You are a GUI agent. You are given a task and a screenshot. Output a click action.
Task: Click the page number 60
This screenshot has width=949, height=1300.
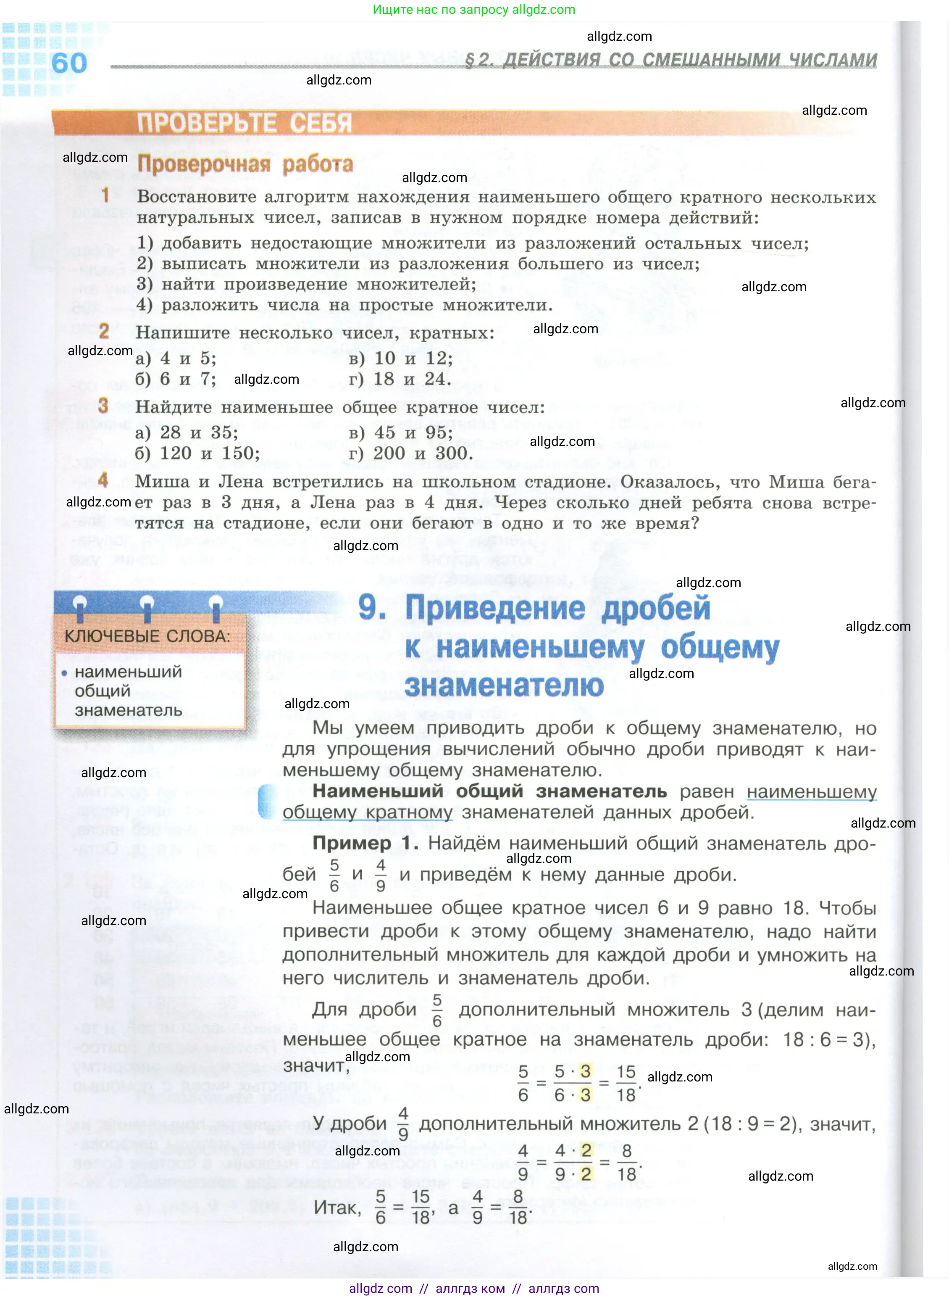click(69, 63)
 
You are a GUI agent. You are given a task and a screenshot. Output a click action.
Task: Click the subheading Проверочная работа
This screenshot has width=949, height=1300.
click(245, 164)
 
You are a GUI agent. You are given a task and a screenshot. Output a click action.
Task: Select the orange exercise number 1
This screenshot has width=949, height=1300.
click(105, 195)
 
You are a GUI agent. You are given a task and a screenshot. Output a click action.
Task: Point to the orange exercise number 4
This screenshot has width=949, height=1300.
click(103, 480)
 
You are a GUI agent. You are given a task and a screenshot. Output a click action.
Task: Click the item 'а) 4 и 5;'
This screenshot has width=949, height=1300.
click(176, 359)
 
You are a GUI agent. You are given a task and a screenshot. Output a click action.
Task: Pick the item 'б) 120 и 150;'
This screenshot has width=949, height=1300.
click(197, 454)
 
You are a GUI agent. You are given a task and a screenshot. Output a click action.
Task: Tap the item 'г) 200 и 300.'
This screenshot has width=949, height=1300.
click(411, 454)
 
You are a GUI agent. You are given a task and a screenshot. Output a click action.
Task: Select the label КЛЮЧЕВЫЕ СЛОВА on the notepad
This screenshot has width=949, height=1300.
click(147, 636)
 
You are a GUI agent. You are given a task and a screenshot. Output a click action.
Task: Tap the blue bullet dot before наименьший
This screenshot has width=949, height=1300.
click(64, 672)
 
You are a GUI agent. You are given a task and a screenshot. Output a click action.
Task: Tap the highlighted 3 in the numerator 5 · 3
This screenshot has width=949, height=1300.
click(585, 1071)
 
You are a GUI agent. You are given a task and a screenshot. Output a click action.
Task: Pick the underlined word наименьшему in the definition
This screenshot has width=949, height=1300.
click(811, 791)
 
